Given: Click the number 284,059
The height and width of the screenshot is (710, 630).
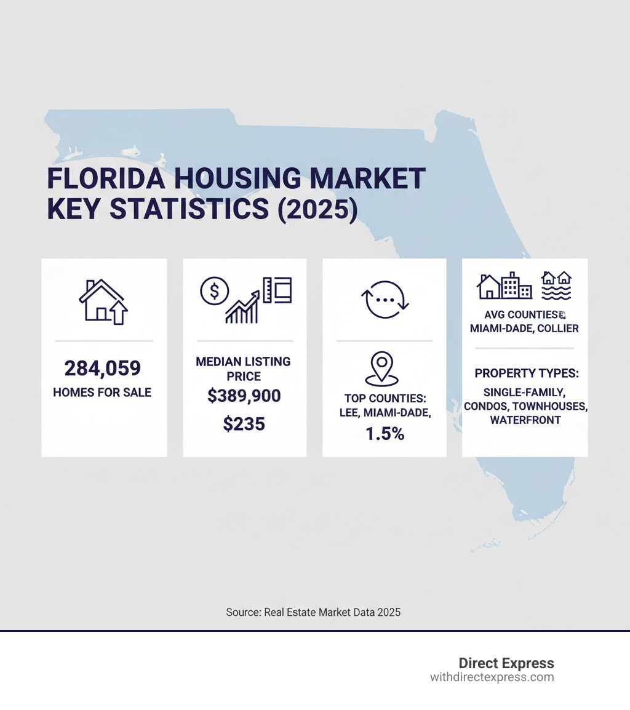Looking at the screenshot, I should pos(103,369).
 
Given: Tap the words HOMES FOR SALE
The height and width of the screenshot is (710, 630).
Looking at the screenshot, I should pos(103,392).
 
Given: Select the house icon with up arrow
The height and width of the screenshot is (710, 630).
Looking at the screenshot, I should pos(103,301).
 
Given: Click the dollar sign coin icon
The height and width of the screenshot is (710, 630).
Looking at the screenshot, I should pos(214,290).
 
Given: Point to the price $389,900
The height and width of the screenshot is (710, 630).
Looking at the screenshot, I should pos(244,396).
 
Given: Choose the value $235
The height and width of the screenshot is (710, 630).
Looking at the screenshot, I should pos(244,423).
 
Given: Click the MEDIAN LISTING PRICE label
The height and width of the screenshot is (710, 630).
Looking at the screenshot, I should pos(244,368).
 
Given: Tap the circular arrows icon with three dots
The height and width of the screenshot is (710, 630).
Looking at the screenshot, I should pos(385,299).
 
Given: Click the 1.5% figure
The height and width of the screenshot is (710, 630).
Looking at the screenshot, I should pos(385,433).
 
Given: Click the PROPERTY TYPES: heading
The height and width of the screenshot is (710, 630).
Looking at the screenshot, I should pos(527,373).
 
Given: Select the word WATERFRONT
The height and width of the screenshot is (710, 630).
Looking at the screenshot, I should pos(525,420).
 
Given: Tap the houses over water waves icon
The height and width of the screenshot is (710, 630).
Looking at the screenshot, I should pos(556,285).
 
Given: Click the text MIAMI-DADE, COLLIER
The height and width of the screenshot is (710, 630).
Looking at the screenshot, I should pos(524,329).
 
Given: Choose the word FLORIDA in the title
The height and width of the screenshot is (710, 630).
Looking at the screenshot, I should pos(106,179).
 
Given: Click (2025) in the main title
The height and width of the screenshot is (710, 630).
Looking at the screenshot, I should pos(317,209).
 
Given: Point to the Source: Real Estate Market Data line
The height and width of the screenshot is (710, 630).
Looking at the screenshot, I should pos(313,612).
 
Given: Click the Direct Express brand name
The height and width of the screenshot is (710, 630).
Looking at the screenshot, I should pos(506,663).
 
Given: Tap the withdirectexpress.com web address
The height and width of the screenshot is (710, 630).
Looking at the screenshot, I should pos(492,677).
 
